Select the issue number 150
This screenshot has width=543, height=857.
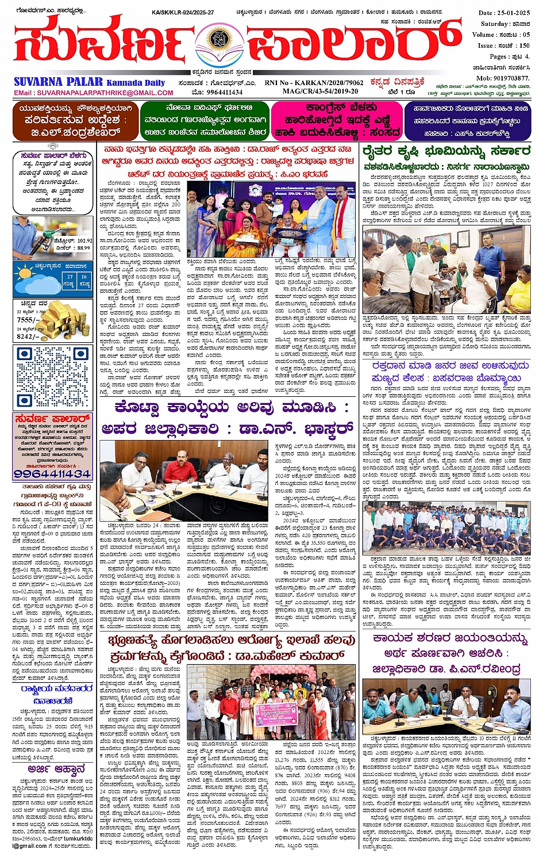[523, 45]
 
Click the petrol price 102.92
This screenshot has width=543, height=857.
[80, 240]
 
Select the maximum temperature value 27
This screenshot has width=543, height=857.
[70, 277]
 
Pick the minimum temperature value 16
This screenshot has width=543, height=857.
[84, 277]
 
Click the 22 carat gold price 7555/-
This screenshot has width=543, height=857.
[28, 320]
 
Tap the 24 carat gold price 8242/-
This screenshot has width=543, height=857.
[28, 336]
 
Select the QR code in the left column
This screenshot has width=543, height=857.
[53, 375]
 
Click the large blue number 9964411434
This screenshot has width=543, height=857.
[52, 473]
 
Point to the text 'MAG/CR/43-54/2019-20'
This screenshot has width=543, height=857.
[319, 91]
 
